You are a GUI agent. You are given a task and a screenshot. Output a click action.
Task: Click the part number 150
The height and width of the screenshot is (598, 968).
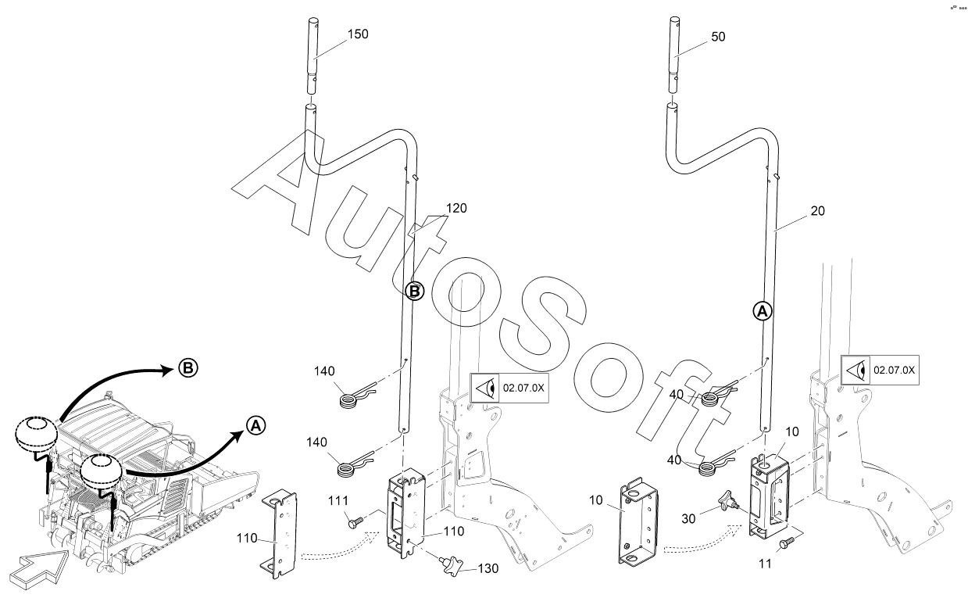(x=358, y=34)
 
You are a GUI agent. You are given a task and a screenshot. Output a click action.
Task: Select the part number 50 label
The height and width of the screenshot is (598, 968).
(x=718, y=37)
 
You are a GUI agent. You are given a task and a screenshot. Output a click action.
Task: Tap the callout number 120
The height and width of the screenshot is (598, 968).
(x=456, y=208)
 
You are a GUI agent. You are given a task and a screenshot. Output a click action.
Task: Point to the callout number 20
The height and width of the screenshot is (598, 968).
(x=818, y=211)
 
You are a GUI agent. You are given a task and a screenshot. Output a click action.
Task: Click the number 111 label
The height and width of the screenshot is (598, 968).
(x=338, y=501)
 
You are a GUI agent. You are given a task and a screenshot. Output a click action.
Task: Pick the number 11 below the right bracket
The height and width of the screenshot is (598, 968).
(x=765, y=564)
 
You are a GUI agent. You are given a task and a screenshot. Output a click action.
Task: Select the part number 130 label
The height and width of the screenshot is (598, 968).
(x=488, y=568)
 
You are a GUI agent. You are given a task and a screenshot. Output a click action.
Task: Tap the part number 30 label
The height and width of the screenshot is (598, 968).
(x=688, y=519)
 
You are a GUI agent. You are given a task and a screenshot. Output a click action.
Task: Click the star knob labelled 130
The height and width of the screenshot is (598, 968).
(x=452, y=565)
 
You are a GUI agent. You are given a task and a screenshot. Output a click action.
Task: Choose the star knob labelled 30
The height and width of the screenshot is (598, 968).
(x=728, y=502)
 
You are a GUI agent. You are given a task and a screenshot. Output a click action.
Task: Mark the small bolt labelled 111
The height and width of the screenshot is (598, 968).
(x=355, y=522)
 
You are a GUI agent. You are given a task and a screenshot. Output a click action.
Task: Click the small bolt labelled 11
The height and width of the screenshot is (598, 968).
(x=787, y=542)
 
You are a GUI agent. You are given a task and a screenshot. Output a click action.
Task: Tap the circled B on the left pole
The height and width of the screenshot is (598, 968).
(x=414, y=292)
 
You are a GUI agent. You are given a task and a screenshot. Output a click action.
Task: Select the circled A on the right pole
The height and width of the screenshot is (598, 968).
(x=763, y=311)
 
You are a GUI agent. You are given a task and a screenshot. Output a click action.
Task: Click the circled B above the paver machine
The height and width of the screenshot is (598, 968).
(x=188, y=368)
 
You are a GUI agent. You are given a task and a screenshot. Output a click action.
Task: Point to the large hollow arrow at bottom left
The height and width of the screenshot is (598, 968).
(x=40, y=568)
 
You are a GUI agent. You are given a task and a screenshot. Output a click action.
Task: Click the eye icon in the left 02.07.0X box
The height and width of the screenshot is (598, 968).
(x=484, y=388)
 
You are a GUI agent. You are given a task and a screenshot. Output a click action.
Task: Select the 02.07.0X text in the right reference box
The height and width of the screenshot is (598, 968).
(x=894, y=370)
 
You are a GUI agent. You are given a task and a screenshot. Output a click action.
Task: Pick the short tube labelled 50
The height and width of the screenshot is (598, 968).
(x=673, y=55)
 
